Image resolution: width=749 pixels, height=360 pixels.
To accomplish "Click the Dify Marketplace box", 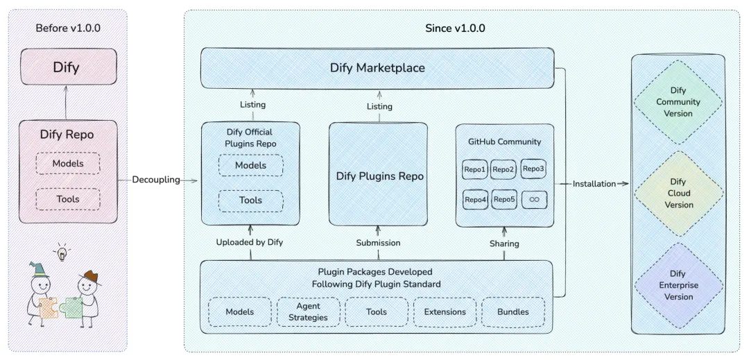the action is [x=377, y=68].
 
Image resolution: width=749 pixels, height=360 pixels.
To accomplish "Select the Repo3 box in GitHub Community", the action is [x=533, y=169].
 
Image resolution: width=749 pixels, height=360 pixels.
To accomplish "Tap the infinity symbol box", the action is [x=534, y=200].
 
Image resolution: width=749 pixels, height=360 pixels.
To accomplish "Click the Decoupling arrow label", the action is [x=156, y=180].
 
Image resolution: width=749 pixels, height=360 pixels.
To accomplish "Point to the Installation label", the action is [x=594, y=184].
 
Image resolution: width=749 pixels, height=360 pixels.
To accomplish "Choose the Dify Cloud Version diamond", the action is [x=678, y=194].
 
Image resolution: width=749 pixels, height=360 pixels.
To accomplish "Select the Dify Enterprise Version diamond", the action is [x=678, y=285].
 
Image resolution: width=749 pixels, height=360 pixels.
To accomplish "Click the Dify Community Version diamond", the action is [x=678, y=102].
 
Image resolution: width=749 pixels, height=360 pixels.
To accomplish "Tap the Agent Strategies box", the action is [x=309, y=311].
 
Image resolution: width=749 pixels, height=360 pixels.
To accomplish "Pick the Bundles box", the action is [x=513, y=311].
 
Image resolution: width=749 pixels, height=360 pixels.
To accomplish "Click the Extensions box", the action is [x=445, y=311].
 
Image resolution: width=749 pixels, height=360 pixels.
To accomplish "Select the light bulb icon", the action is [x=62, y=252].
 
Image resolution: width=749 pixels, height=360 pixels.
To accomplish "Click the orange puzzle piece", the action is [x=49, y=308].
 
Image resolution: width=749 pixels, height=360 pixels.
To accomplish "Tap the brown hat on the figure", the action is [x=90, y=278].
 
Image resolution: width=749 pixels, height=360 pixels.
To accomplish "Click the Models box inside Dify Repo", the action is [x=68, y=163].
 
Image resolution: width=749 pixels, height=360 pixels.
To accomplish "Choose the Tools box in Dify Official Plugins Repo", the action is [x=251, y=200].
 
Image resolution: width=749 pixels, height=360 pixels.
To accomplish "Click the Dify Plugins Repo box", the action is [x=379, y=174].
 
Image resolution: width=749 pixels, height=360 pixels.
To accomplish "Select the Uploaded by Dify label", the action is [x=250, y=242].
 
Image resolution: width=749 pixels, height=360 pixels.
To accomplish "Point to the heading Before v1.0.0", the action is [x=68, y=28].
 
